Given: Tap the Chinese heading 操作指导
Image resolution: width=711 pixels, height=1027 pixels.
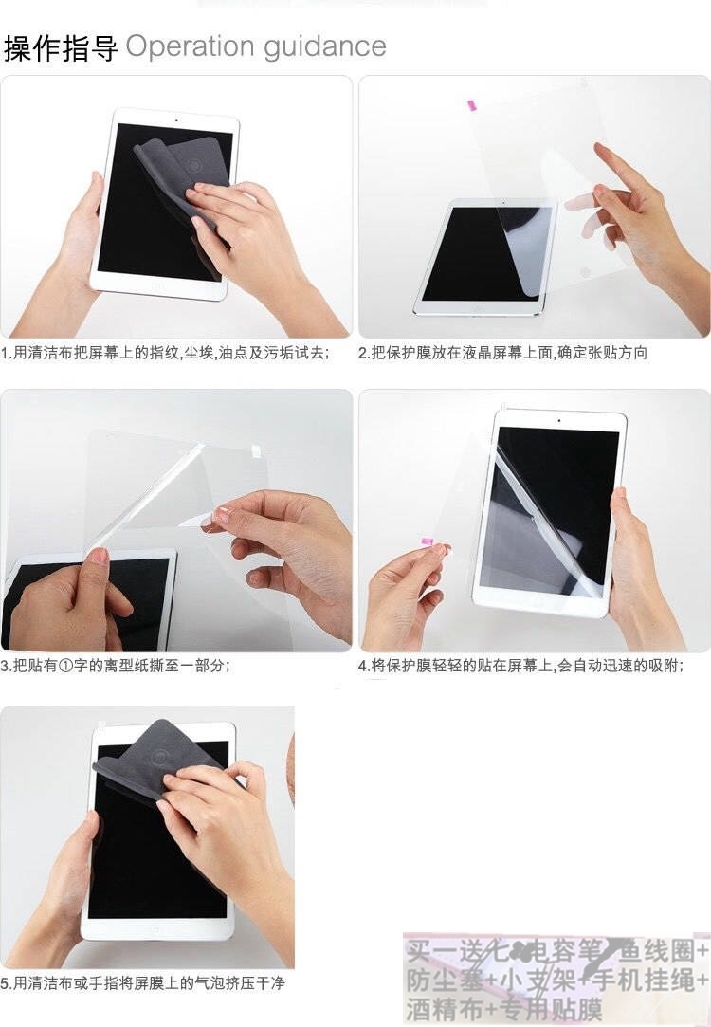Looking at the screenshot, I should click(61, 47).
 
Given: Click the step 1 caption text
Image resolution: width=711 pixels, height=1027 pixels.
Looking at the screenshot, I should click(165, 353).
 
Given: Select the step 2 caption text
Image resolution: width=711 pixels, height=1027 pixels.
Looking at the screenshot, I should click(502, 353).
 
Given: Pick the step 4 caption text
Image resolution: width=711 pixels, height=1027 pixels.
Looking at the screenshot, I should click(520, 666).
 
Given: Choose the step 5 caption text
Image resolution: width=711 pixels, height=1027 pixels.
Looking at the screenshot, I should click(142, 983).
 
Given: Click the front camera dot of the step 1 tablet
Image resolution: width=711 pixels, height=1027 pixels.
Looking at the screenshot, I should click(177, 120).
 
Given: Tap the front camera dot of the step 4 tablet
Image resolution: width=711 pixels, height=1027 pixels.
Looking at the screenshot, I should click(558, 420).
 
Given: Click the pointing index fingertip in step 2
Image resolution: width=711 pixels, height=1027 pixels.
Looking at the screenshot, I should click(599, 150).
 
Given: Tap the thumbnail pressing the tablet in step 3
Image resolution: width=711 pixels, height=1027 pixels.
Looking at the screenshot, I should click(99, 557).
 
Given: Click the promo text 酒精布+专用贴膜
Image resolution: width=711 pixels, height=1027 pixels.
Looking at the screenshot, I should click(504, 1007).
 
